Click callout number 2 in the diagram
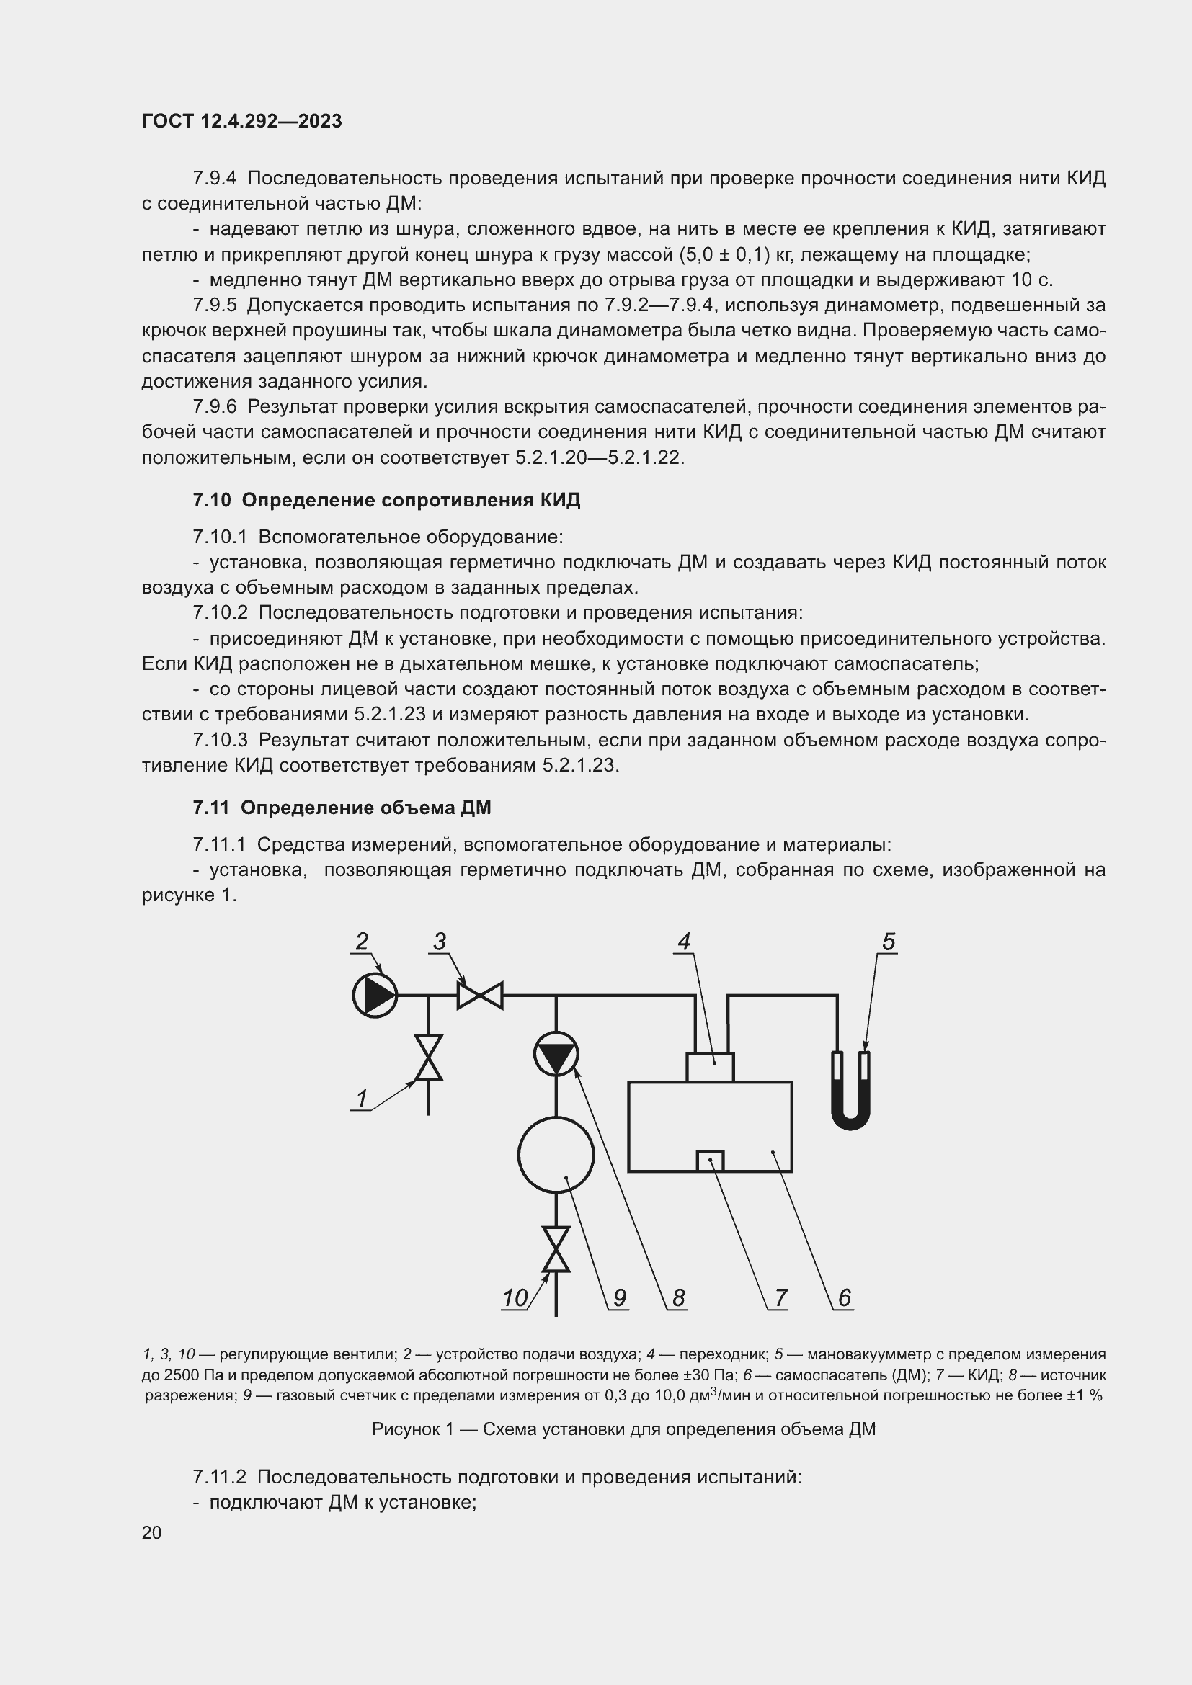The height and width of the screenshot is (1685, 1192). coord(361,942)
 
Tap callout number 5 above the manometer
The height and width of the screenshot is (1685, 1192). coord(888,942)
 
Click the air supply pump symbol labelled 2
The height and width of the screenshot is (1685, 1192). coord(375,995)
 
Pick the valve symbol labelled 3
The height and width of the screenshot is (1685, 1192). coord(480,995)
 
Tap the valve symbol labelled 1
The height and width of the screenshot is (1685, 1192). coord(429,1058)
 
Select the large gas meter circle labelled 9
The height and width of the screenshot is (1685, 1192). coord(556,1155)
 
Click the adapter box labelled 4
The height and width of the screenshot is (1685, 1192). coord(710,1067)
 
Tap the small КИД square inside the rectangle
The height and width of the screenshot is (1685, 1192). coord(710,1161)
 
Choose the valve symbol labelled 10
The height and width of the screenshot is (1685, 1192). coord(556,1249)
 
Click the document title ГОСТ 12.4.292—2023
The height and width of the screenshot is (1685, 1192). coord(241,121)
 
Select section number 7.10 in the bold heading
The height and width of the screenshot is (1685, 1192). coord(211,501)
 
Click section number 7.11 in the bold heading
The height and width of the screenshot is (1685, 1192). coord(211,808)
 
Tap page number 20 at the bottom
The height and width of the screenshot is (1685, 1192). coord(152,1532)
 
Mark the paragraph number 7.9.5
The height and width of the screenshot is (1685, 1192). coord(215,305)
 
